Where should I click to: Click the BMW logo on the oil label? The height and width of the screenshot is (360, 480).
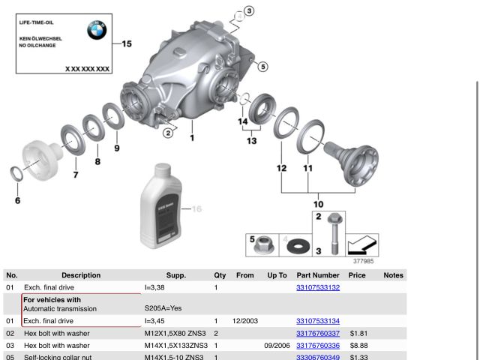[x=96, y=30]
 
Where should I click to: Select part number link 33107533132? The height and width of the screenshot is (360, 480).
[x=318, y=287]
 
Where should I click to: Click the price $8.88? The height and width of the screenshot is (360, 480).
[x=357, y=345]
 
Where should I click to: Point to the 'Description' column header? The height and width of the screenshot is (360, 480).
[x=81, y=275]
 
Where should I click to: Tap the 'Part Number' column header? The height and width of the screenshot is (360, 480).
[x=318, y=275]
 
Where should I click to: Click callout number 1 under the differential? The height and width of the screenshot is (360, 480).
[x=191, y=138]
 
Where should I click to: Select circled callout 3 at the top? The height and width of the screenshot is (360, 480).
[x=249, y=10]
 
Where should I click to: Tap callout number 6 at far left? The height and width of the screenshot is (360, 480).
[x=17, y=200]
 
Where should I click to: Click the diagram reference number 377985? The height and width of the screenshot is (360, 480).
[x=364, y=262]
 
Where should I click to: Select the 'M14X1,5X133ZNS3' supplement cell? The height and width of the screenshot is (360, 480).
[x=175, y=345]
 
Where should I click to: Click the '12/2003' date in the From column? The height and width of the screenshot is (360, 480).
[x=245, y=320]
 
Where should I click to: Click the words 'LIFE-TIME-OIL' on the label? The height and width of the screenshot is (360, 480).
[x=36, y=22]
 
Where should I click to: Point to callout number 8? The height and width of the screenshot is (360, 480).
[x=97, y=161]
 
